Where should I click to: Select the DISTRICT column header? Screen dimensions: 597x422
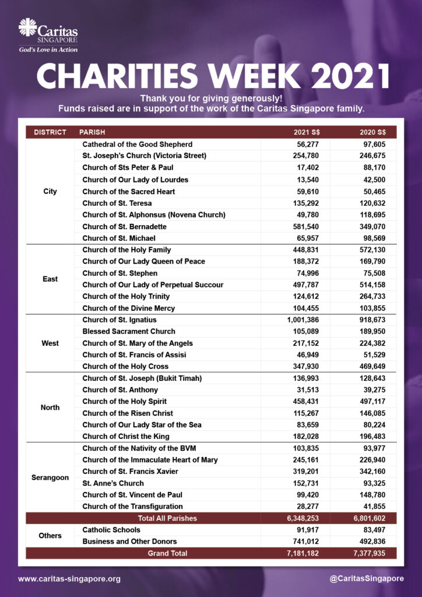(x=50, y=132)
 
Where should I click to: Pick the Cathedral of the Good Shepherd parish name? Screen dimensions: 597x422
(x=138, y=144)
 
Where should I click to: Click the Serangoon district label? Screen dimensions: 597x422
(x=50, y=477)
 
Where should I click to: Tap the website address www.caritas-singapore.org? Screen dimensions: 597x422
(x=69, y=579)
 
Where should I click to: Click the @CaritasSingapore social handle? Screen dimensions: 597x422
(x=367, y=578)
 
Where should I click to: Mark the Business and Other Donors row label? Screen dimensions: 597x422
(x=129, y=542)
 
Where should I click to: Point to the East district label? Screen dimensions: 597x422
(x=50, y=279)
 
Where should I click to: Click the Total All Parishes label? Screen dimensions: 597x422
(x=167, y=518)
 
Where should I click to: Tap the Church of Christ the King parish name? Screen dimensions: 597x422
(x=126, y=437)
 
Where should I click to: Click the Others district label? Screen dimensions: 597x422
(x=50, y=536)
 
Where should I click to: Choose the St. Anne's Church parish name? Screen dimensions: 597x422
(x=113, y=483)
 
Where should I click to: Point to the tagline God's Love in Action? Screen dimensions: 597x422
(x=48, y=50)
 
